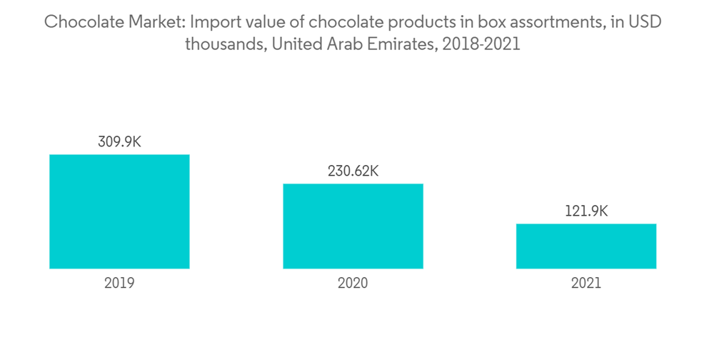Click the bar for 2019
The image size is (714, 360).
point(119,211)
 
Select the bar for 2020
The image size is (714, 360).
point(353,226)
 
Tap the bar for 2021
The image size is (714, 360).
point(586,246)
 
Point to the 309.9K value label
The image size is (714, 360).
point(119,141)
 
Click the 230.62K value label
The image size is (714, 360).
point(353,171)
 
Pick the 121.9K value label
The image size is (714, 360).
point(586,211)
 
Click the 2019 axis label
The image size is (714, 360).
point(119,284)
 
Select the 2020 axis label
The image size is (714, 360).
point(353,284)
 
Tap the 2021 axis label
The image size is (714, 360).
point(586,284)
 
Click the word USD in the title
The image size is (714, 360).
point(645,22)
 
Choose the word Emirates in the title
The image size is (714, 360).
point(400,44)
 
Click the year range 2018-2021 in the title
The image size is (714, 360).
point(481,44)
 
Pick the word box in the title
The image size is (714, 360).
point(472,22)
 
